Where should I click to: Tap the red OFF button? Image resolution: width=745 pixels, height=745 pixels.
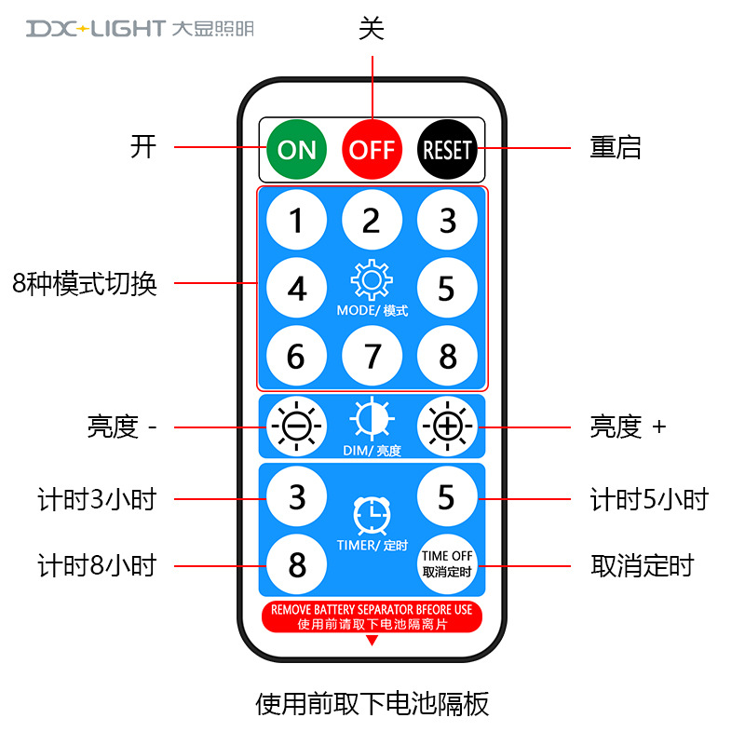(x=372, y=149)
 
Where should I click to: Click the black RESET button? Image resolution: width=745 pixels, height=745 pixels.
(x=447, y=149)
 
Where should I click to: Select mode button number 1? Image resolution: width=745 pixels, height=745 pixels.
(x=296, y=221)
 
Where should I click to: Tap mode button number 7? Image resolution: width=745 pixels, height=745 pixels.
(x=372, y=356)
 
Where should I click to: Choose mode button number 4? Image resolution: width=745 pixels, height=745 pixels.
(x=296, y=289)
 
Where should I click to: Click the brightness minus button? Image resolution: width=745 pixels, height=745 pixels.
(x=296, y=427)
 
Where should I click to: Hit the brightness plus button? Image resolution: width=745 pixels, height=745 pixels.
(x=447, y=427)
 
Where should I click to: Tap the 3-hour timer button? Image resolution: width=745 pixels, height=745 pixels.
(x=296, y=496)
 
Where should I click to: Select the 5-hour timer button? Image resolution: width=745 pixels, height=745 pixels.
(x=447, y=496)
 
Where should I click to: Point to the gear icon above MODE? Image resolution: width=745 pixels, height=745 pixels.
(x=372, y=280)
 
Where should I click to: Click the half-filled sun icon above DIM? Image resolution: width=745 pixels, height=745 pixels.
(x=372, y=420)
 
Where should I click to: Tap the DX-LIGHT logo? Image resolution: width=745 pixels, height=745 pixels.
(x=140, y=29)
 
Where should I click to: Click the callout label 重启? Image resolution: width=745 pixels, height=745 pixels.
(x=616, y=147)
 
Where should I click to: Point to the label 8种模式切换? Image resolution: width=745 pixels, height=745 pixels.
(x=85, y=283)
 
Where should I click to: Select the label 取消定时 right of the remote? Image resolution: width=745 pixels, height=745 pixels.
(x=643, y=565)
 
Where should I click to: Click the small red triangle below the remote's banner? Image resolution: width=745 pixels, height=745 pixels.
(x=372, y=641)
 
